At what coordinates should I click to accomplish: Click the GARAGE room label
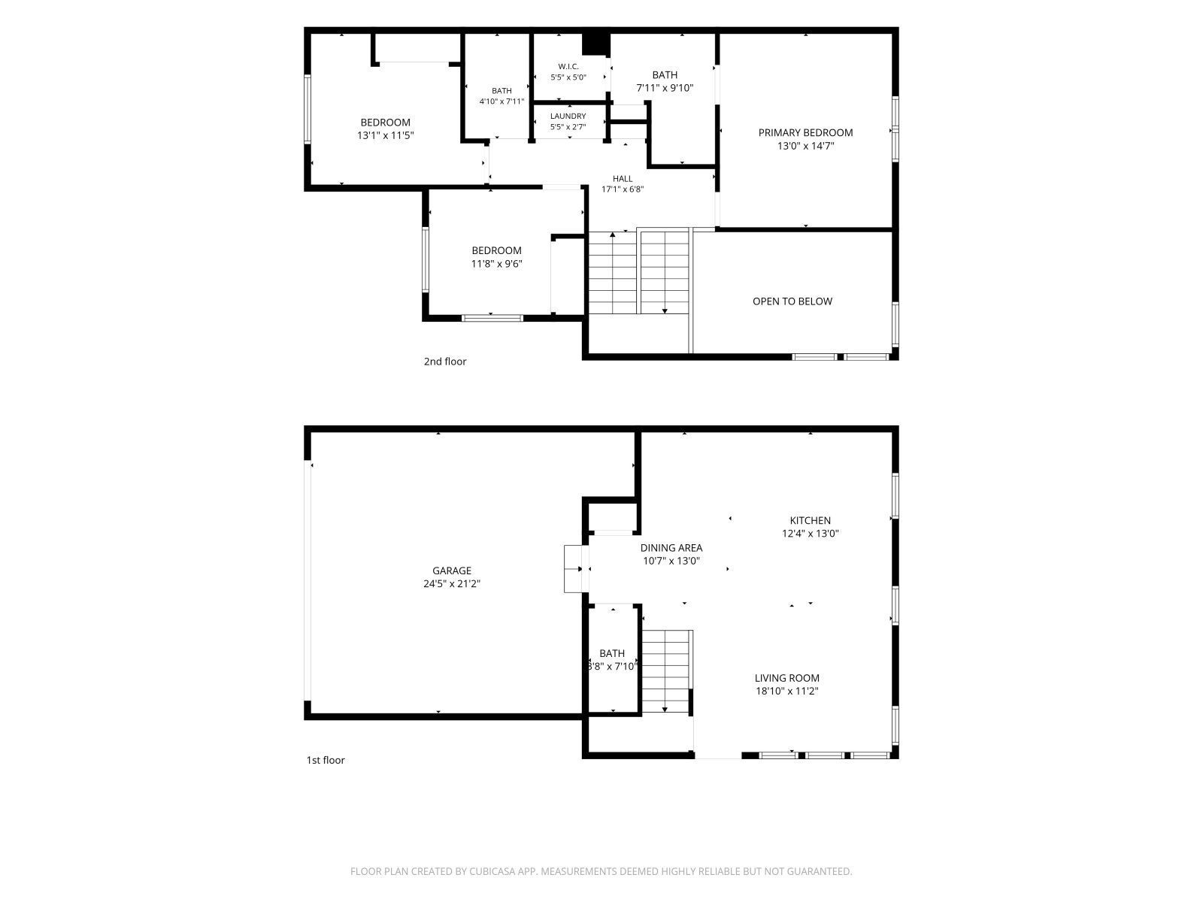451,570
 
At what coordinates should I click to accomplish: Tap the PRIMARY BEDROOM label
805,132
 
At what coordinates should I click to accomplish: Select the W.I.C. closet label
568,66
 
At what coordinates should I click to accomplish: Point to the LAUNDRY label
568,116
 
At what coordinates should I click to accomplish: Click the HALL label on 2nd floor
623,179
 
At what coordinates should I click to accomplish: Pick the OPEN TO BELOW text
792,301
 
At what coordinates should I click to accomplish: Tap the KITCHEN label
810,520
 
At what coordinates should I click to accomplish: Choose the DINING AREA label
671,548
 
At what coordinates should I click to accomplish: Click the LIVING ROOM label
787,678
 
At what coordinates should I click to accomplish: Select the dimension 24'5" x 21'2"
452,584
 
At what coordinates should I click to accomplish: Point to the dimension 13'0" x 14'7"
806,147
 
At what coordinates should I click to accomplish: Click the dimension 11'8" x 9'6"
496,264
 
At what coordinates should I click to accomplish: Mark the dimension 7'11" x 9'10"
665,88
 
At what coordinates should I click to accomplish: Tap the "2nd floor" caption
445,362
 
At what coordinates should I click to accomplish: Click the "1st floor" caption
326,760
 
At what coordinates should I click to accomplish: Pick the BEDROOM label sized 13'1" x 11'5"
385,123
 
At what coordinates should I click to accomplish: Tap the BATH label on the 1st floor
611,653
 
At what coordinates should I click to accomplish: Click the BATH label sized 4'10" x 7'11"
502,91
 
